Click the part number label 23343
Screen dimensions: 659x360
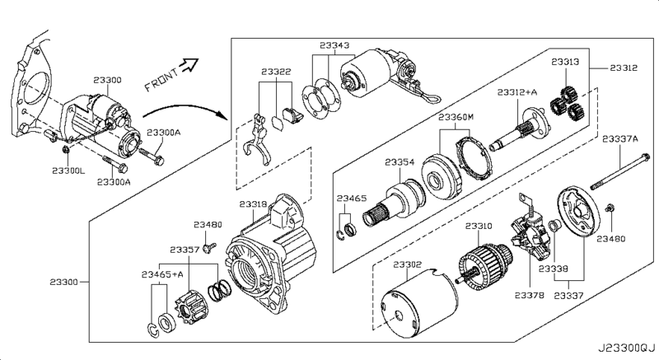click(334, 45)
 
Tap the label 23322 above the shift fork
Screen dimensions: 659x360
click(276, 72)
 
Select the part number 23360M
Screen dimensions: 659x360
click(456, 117)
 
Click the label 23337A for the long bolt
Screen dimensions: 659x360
click(620, 139)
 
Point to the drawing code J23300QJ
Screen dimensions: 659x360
click(627, 348)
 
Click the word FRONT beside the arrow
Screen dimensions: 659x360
click(161, 80)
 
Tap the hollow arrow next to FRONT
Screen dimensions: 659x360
click(189, 64)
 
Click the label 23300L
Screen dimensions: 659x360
click(68, 171)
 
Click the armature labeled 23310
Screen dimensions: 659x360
click(484, 264)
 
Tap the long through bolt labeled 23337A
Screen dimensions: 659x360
click(620, 172)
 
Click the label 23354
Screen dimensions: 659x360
click(400, 162)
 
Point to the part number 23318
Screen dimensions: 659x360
click(253, 204)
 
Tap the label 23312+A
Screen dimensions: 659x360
click(517, 92)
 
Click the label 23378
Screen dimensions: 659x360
click(529, 295)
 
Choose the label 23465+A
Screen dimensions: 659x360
click(162, 274)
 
